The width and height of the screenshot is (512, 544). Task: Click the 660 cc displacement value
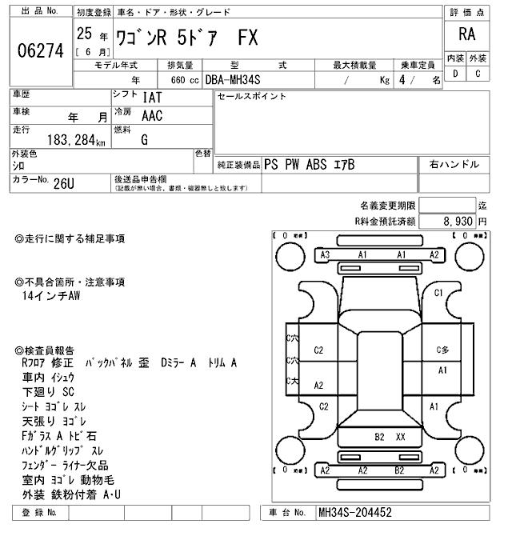coord(183,80)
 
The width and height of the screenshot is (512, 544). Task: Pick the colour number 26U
coord(64,183)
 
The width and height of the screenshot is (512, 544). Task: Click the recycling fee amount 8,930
coord(454,220)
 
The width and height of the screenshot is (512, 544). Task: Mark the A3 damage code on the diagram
coord(325,254)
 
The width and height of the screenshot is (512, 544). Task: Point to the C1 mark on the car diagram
coord(438,293)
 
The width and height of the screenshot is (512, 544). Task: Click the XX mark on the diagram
coord(401,437)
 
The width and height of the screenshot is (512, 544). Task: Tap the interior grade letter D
coord(456,74)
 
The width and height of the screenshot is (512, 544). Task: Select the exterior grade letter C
coord(478,74)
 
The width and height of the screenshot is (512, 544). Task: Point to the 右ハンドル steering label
coord(454,164)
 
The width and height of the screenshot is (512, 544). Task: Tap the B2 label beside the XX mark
coord(380,437)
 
